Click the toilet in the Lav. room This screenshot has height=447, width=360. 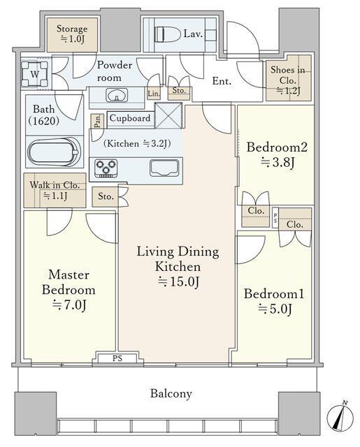[x=168, y=35]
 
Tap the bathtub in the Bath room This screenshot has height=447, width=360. [x=54, y=152]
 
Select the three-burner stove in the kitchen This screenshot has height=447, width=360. [x=106, y=168]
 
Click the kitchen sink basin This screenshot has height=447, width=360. [x=164, y=168]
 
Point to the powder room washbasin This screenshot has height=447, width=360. [x=117, y=95]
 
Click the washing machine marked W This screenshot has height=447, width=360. [x=34, y=74]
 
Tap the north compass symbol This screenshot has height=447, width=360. [x=340, y=418]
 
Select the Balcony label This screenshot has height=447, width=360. [x=171, y=393]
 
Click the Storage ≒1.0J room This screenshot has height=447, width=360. [x=72, y=35]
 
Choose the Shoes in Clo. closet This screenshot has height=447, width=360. [x=289, y=78]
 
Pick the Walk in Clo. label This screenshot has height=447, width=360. [x=55, y=185]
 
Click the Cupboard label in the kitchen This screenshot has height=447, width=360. [x=130, y=118]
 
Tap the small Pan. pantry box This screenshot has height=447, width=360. [x=98, y=121]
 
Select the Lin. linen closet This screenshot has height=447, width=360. [x=154, y=94]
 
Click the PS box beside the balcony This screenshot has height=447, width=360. [x=117, y=358]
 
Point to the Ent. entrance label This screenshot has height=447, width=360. [x=222, y=81]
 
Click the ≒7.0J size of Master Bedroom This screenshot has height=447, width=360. [x=69, y=305]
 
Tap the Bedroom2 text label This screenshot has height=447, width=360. [x=277, y=147]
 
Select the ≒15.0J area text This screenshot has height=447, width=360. [x=179, y=281]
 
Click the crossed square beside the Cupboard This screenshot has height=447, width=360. [x=168, y=116]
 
